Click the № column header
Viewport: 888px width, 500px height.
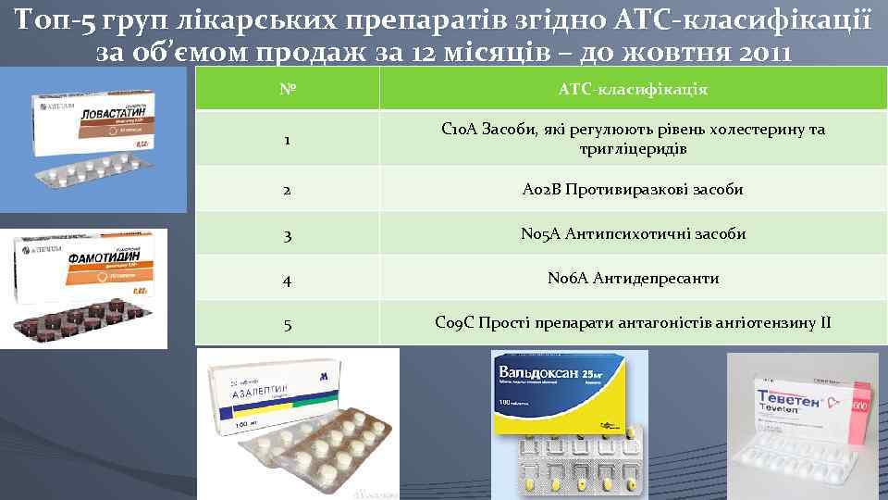pyautogui.click(x=287, y=90)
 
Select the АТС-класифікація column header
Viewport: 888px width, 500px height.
pyautogui.click(x=633, y=90)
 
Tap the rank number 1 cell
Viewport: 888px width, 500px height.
pyautogui.click(x=287, y=140)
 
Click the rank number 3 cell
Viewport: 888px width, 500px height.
pyautogui.click(x=287, y=234)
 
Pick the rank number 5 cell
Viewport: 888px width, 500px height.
pyautogui.click(x=287, y=323)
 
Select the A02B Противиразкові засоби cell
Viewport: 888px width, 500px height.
pyautogui.click(x=633, y=190)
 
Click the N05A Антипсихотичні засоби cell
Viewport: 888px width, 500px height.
pyautogui.click(x=633, y=234)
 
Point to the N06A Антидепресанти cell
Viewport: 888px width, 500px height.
pyautogui.click(x=633, y=279)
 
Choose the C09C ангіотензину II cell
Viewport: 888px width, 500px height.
pyautogui.click(x=633, y=323)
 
